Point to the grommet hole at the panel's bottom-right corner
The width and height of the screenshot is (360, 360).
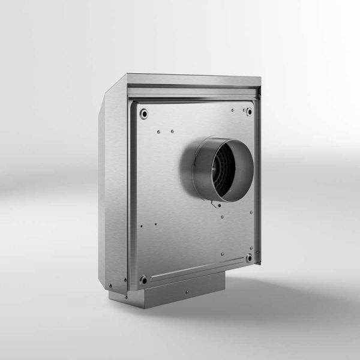click(x=248, y=259)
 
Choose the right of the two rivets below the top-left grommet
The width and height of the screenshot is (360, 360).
click(x=172, y=131)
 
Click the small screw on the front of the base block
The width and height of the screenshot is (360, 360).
click(x=186, y=293)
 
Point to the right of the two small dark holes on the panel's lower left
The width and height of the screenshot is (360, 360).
click(x=155, y=225)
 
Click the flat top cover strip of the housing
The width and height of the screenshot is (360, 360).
click(x=192, y=80)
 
